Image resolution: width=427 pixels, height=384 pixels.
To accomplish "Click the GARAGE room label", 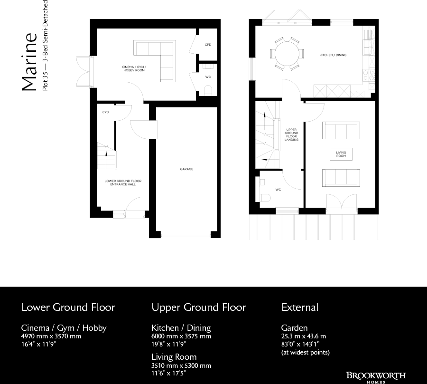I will pyautogui.click(x=186, y=169).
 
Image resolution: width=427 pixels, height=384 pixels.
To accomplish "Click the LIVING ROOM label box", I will pyautogui.click(x=341, y=154).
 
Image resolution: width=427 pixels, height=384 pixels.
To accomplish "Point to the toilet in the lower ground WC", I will pyautogui.click(x=207, y=90).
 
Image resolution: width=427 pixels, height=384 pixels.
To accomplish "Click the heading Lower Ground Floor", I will pyautogui.click(x=68, y=307).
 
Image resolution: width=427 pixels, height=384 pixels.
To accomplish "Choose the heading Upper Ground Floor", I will pyautogui.click(x=199, y=307).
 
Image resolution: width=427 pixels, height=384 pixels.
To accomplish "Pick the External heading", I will pyautogui.click(x=300, y=307).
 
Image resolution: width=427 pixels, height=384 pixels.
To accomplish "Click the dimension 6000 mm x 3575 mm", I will pyautogui.click(x=181, y=336).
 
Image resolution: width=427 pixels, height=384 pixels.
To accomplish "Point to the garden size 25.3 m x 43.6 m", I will pyautogui.click(x=304, y=336).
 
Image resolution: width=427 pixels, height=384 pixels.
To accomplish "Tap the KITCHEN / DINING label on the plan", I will pyautogui.click(x=333, y=55).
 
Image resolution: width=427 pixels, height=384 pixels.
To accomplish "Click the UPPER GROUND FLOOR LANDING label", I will pyautogui.click(x=291, y=134).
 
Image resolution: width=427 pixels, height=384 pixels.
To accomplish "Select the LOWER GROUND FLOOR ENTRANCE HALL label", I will pyautogui.click(x=123, y=182).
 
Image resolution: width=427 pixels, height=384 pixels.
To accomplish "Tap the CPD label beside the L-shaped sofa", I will pyautogui.click(x=208, y=45).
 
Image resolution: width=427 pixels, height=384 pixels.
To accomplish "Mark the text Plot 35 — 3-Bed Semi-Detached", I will pyautogui.click(x=45, y=46).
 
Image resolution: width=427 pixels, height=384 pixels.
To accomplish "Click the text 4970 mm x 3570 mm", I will pyautogui.click(x=51, y=336).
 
